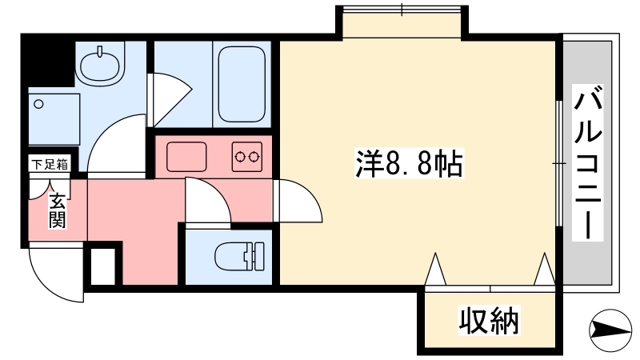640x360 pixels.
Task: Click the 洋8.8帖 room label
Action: click(x=410, y=163)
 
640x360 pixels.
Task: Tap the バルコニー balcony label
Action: click(x=588, y=162)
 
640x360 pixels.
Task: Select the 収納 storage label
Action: click(x=489, y=321)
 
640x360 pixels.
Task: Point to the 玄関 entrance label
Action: click(x=58, y=210)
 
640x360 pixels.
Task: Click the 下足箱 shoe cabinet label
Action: click(x=50, y=165)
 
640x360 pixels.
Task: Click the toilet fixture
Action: click(x=239, y=256)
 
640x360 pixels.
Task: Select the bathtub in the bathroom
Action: click(x=242, y=84)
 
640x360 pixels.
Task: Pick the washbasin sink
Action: click(x=101, y=65)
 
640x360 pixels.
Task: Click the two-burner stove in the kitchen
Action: click(x=247, y=156)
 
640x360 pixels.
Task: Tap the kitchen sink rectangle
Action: click(x=186, y=157)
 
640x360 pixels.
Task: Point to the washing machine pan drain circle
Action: click(x=38, y=104)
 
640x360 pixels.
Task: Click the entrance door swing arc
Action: click(x=56, y=273)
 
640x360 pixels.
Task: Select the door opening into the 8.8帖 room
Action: click(x=297, y=201)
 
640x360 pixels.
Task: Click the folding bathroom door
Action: click(x=169, y=99)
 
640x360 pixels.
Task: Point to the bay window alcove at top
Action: click(x=402, y=23)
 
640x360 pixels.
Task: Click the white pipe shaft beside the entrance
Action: click(x=102, y=266)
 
